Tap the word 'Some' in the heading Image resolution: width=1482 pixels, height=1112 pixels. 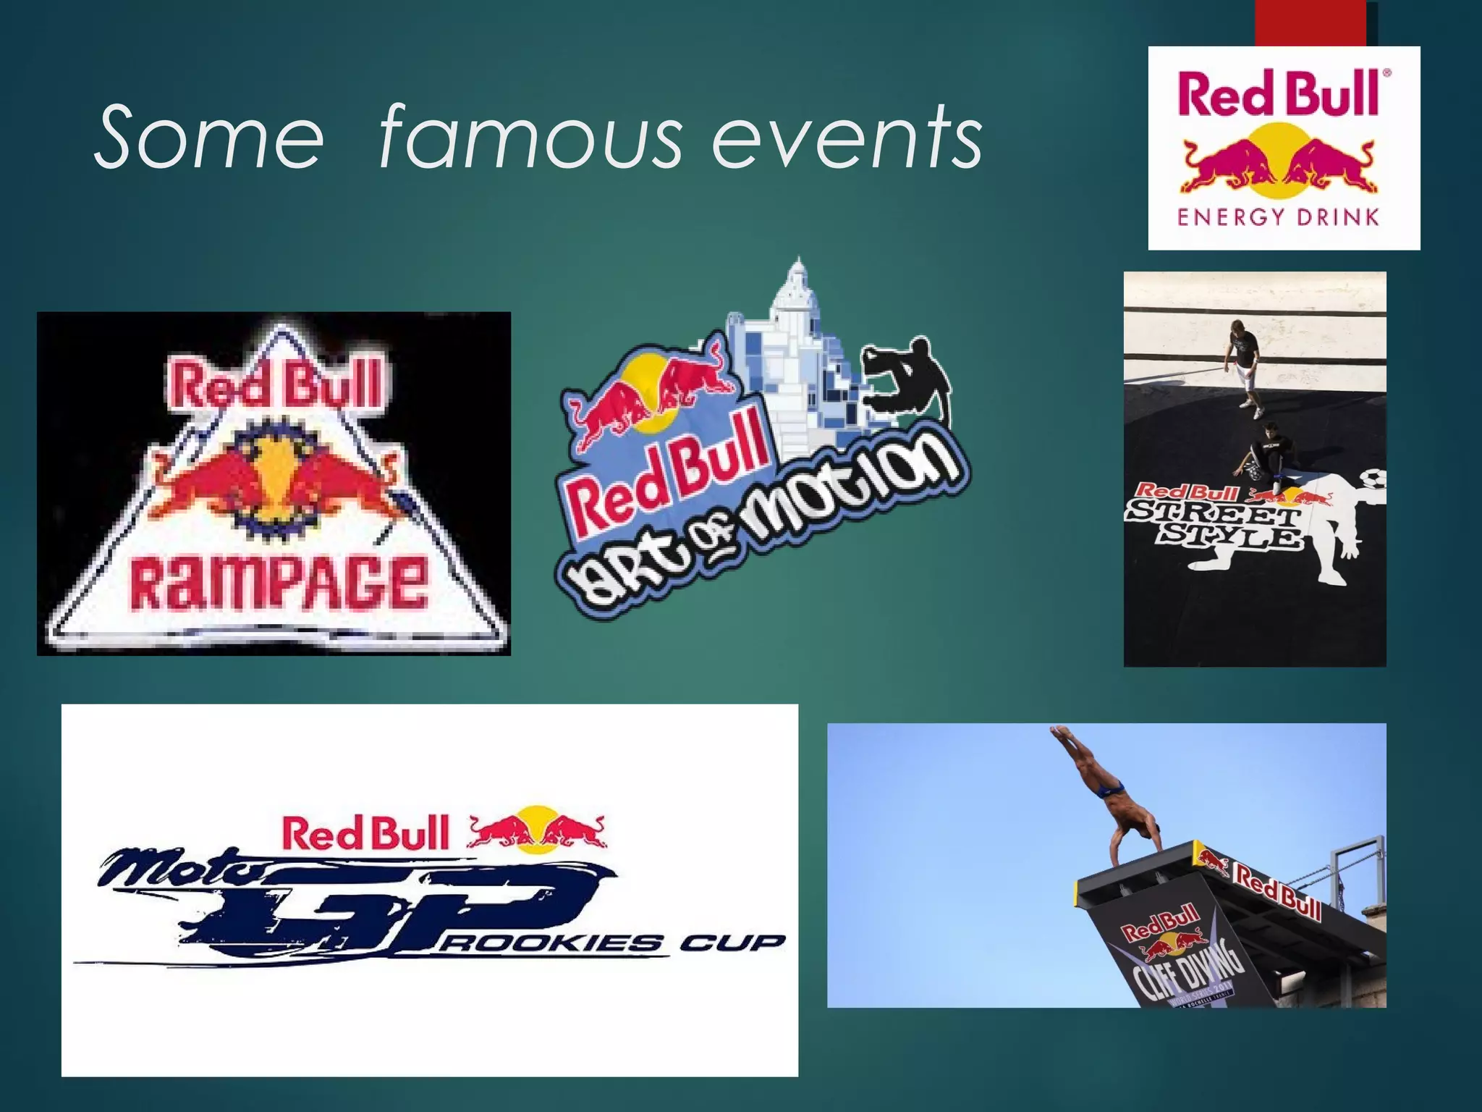(209, 138)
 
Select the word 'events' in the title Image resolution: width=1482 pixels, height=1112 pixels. (847, 138)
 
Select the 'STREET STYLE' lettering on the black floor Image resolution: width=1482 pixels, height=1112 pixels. (1216, 526)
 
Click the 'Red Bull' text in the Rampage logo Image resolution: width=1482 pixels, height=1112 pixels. (277, 384)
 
